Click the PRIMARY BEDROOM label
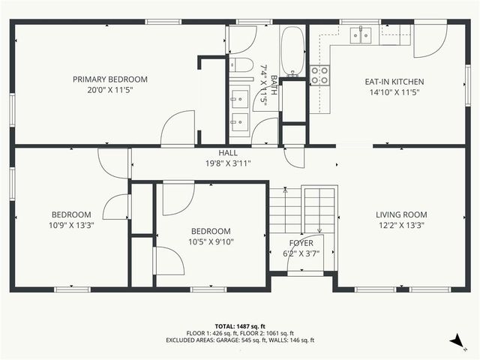pos(109,79)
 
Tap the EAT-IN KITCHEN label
pos(394,82)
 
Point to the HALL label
pos(228,153)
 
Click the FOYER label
pos(301,244)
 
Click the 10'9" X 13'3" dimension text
pos(71,225)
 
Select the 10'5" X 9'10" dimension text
pos(210,241)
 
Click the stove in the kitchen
pos(319,73)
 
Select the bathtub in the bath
pos(292,49)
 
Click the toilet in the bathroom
pos(241,64)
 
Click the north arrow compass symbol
pos(456,341)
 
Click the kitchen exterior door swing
pos(430,41)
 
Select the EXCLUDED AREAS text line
pos(240,340)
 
